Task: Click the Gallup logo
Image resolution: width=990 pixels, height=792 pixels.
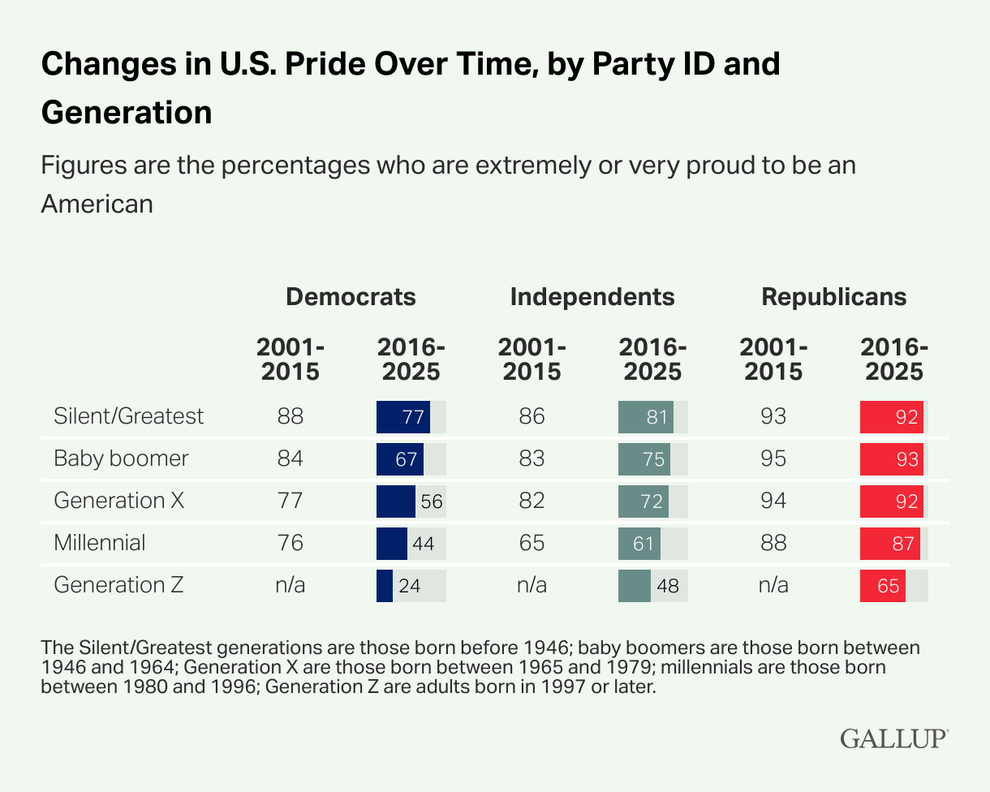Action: tap(893, 738)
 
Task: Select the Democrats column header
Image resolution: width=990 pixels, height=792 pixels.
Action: tap(351, 297)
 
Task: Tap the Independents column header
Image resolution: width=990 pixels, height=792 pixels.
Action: tap(592, 297)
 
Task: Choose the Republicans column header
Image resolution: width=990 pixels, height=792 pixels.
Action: tap(833, 297)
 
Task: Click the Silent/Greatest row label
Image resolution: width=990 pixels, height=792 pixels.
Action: tap(129, 416)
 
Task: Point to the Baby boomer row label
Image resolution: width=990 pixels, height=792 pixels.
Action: tap(121, 458)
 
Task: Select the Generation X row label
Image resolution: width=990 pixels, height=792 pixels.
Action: tap(119, 501)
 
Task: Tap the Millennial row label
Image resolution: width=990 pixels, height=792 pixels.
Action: tap(100, 543)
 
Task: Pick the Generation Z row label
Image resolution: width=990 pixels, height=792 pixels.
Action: tap(118, 585)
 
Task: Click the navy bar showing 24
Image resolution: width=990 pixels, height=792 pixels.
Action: tap(385, 586)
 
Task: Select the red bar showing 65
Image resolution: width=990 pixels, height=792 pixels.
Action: tap(883, 586)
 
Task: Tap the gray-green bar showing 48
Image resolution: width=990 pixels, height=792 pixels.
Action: tap(635, 586)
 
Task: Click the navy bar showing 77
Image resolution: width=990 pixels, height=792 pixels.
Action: tap(403, 417)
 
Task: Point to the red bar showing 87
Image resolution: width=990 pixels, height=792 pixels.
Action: tap(890, 544)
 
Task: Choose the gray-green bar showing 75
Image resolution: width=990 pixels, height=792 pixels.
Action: tap(644, 459)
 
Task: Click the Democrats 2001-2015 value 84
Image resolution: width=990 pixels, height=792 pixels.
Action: tap(290, 458)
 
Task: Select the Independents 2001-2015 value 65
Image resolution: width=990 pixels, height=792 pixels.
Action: tap(532, 543)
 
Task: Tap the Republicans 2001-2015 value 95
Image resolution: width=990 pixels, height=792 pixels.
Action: tap(773, 458)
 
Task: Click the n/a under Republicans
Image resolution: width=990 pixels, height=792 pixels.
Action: tap(773, 585)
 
